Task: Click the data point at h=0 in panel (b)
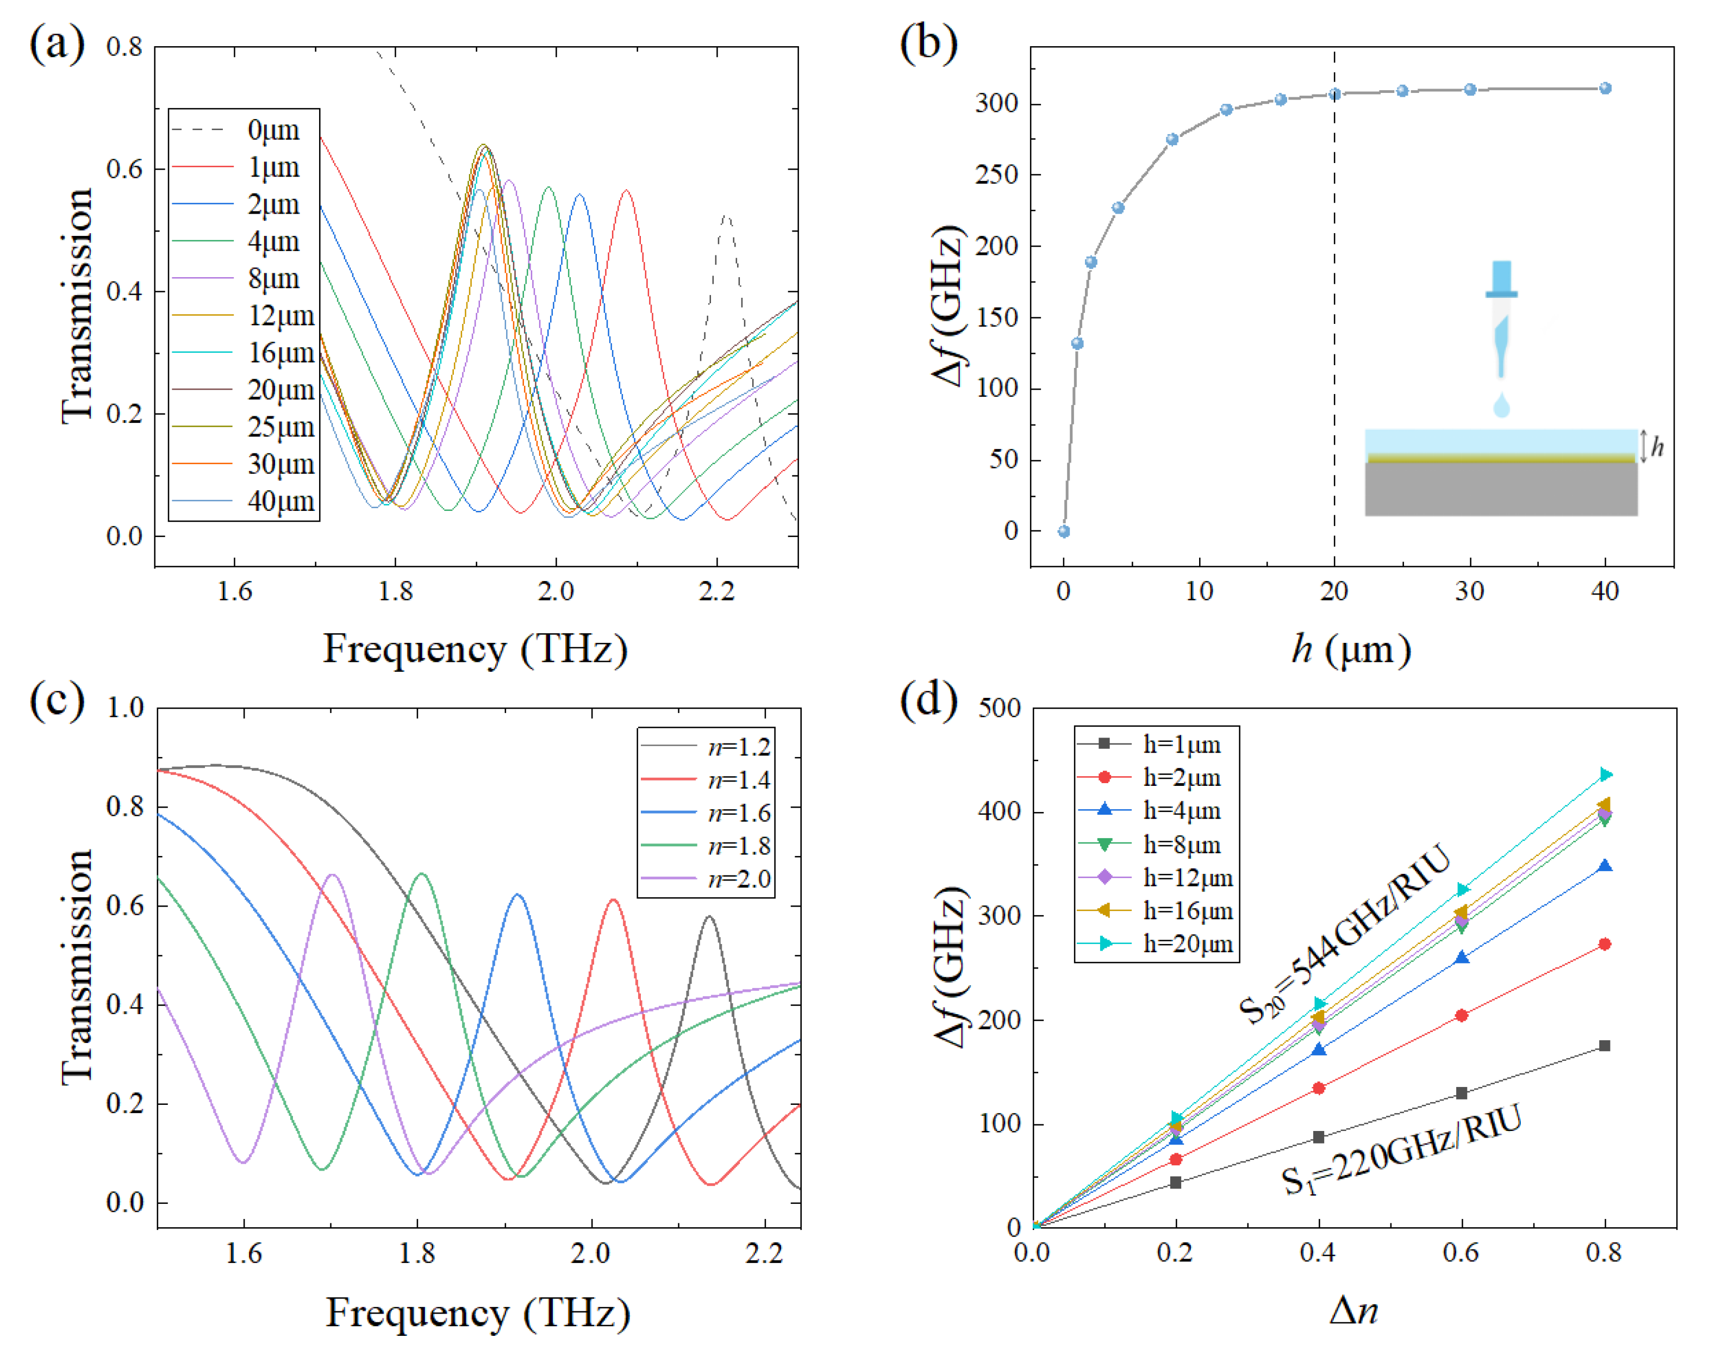(x=1064, y=531)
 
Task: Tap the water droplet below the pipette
(x=1501, y=407)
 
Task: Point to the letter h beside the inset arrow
(x=1658, y=447)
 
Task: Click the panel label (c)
(x=58, y=699)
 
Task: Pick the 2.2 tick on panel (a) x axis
(x=716, y=591)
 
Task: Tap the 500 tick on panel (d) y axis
(x=1000, y=708)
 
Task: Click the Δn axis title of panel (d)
(x=1353, y=1310)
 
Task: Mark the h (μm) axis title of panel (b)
(x=1350, y=649)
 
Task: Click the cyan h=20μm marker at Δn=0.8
(x=1605, y=774)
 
